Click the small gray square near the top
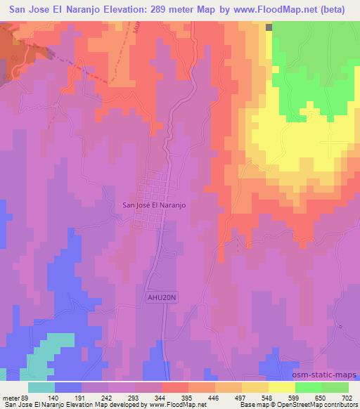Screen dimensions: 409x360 269,27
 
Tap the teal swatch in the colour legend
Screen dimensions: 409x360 41,387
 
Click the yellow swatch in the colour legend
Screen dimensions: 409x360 281,387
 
